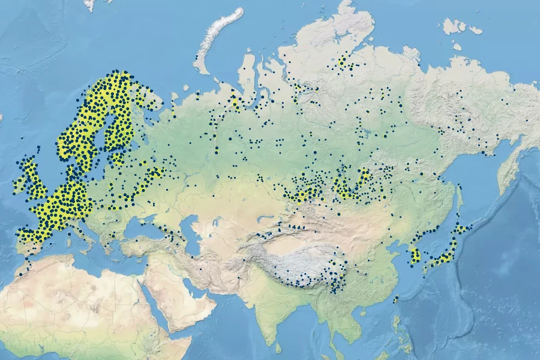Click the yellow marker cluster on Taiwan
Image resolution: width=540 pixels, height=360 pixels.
(x=396, y=299)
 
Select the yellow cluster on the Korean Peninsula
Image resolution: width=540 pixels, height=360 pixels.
(x=415, y=256)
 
